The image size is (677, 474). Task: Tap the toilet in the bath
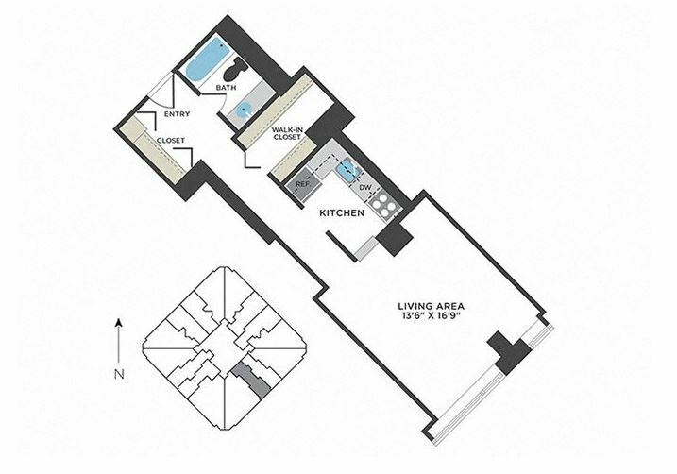[235, 69]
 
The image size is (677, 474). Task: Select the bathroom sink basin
[245, 110]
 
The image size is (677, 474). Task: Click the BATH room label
[227, 88]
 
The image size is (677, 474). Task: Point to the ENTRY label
[177, 114]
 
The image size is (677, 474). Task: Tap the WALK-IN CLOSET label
[286, 133]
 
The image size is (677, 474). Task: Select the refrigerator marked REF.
[303, 184]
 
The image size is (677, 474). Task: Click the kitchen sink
[347, 169]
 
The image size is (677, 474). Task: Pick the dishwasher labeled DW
[365, 188]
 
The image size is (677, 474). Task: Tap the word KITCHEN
[342, 212]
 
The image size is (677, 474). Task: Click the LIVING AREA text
[431, 306]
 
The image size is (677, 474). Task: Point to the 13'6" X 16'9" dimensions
[431, 315]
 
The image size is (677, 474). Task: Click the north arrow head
[120, 323]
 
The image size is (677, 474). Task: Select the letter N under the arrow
[120, 374]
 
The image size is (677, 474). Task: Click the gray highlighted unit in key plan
[250, 379]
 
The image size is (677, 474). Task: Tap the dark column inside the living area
[510, 352]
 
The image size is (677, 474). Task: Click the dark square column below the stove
[394, 238]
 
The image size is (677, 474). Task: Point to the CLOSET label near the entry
[171, 141]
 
